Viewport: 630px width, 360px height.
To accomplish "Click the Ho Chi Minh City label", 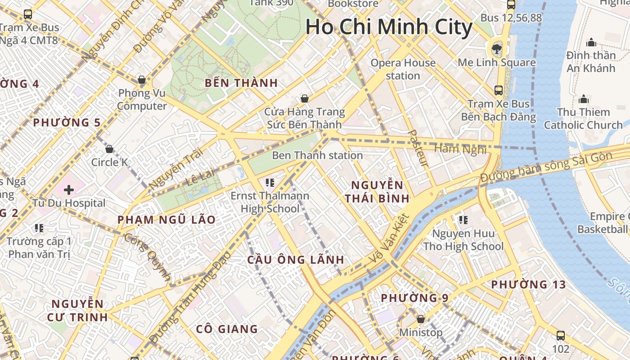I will (x=389, y=27).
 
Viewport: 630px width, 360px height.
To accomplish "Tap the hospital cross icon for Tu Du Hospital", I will (x=69, y=190).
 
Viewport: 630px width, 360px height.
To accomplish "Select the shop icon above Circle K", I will (x=109, y=149).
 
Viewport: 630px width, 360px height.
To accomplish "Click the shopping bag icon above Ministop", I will (x=421, y=319).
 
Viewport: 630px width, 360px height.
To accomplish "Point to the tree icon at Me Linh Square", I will (x=497, y=47).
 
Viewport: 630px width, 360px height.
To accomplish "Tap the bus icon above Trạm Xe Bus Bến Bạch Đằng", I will (x=499, y=90).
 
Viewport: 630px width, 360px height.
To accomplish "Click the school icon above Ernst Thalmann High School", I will (x=270, y=182).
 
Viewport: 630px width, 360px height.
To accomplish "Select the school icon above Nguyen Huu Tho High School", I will (x=463, y=220).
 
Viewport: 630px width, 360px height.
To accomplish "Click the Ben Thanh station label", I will (x=317, y=155).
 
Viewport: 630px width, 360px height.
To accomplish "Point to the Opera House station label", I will (x=403, y=69).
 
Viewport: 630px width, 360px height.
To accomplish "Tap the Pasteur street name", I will (x=418, y=148).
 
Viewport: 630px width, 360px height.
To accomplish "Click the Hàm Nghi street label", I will (x=460, y=148).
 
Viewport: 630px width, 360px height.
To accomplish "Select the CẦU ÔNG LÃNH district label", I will (x=296, y=260).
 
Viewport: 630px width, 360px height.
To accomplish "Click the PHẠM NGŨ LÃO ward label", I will (x=166, y=220).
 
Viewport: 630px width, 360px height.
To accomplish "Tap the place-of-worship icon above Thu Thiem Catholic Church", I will (x=584, y=99).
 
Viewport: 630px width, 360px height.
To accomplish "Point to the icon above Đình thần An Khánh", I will (x=591, y=43).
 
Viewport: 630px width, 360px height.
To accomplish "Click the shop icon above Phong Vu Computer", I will (x=142, y=80).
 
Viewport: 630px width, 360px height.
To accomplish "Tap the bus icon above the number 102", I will (x=560, y=335).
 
